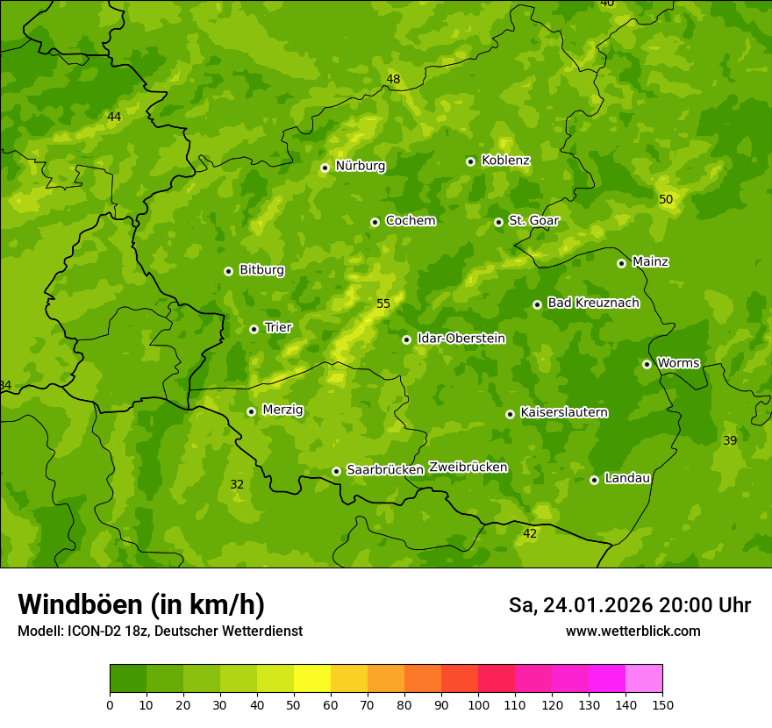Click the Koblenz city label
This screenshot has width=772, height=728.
tap(505, 161)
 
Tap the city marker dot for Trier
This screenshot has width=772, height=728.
tap(254, 329)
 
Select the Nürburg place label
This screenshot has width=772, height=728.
tap(360, 166)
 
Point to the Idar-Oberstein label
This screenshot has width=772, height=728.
tap(461, 339)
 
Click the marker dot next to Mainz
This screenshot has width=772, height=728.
tap(621, 263)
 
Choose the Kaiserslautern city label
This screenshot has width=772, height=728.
tap(564, 412)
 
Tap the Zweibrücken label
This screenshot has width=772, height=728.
tap(468, 467)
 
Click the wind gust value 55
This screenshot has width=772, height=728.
tap(382, 304)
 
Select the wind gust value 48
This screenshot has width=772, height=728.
tap(393, 80)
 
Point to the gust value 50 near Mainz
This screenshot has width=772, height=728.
tap(666, 200)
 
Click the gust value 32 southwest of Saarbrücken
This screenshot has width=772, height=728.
tap(237, 485)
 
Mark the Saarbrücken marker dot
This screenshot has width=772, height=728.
tap(336, 471)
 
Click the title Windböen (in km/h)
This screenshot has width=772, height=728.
tap(141, 605)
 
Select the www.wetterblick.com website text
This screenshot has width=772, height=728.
tap(633, 632)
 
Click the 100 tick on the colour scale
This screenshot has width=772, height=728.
tap(478, 704)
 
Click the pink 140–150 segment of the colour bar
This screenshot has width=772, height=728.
tap(644, 679)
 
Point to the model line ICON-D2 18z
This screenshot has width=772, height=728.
tap(160, 632)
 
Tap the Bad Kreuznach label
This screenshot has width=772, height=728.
tap(593, 303)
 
